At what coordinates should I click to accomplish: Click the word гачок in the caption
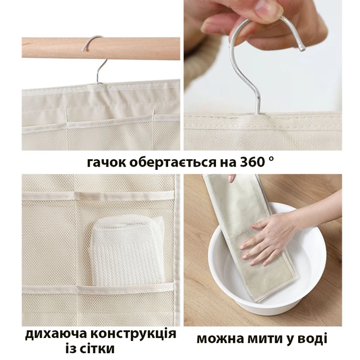pos(106,163)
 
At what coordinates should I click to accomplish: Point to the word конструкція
pos(133,334)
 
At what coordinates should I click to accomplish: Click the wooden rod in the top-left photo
pos(101,48)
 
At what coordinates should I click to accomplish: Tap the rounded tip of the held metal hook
pos(303,48)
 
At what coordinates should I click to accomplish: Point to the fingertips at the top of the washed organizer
pos(232,178)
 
